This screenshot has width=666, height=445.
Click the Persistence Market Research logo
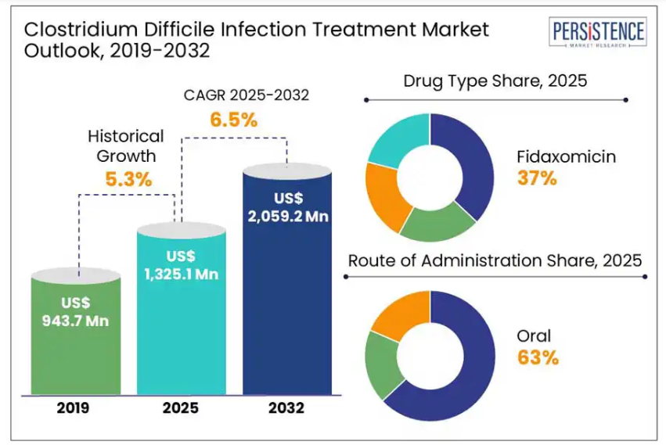click(x=599, y=35)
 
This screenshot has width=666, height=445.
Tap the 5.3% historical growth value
click(x=129, y=178)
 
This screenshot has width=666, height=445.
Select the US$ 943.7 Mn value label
click(x=77, y=311)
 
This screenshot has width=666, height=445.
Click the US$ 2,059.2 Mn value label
click(x=287, y=207)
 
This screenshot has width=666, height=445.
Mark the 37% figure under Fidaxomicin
click(x=537, y=178)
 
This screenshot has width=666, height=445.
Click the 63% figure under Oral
click(x=538, y=358)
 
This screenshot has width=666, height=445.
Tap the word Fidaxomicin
click(x=566, y=156)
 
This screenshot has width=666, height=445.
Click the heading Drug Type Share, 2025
click(x=495, y=81)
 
